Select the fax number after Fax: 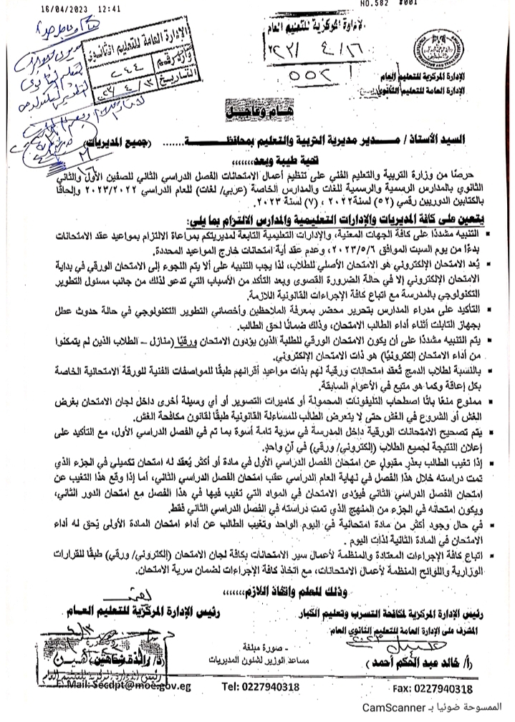point(444,688)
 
